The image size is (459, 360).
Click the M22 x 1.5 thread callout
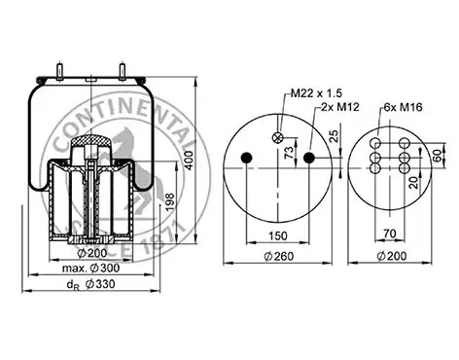point(316,93)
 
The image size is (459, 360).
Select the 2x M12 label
point(340,107)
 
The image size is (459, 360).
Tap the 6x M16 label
point(403,107)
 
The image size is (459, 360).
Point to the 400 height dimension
point(190,160)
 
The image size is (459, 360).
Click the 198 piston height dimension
point(170,202)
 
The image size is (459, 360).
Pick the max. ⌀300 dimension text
point(90,269)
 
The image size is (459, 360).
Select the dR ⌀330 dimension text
point(90,284)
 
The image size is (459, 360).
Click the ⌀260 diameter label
point(279,256)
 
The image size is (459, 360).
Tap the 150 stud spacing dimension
point(278,235)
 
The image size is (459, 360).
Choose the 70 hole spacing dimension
point(390,234)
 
